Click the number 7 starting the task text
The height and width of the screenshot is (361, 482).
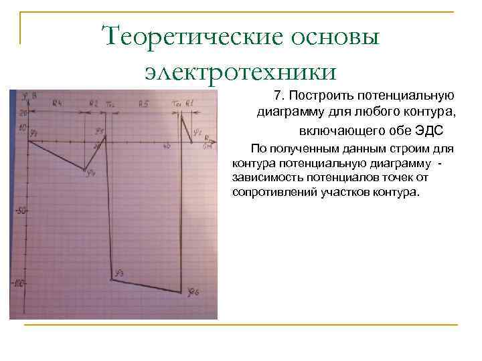[278, 96]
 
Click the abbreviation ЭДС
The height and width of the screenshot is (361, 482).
[430, 129]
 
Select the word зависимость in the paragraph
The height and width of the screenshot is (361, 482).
[265, 178]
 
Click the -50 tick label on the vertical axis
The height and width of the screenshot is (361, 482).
[19, 211]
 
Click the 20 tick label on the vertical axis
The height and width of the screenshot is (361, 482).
[22, 113]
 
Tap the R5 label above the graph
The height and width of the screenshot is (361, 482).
[143, 103]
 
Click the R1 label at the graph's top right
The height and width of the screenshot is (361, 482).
[189, 102]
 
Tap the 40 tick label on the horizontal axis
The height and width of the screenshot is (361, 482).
[166, 145]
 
